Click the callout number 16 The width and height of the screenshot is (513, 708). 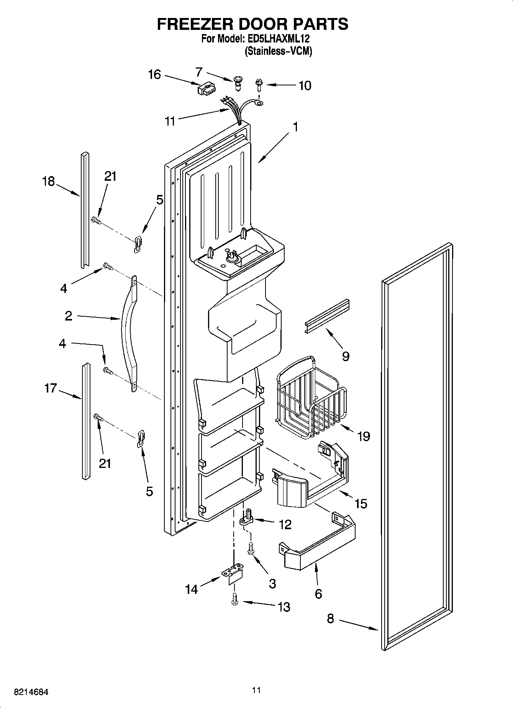click(x=154, y=75)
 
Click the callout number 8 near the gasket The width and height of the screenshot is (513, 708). click(x=330, y=618)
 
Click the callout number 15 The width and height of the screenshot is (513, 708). click(x=361, y=504)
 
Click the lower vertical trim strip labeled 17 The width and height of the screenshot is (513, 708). click(x=85, y=421)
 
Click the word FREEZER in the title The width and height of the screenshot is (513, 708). click(x=192, y=24)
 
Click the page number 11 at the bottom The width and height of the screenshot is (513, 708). click(x=256, y=690)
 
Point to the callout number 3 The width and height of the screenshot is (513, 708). click(x=272, y=584)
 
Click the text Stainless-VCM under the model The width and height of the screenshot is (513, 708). click(x=278, y=51)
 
